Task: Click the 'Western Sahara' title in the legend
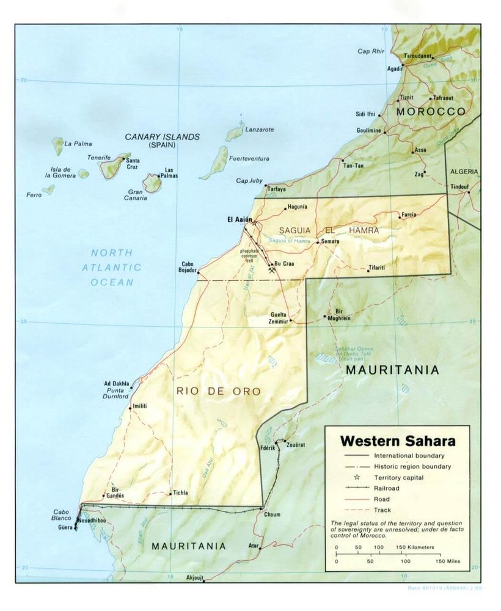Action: click(397, 441)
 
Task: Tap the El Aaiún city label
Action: click(239, 219)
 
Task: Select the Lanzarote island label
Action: click(259, 130)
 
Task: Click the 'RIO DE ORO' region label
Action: click(219, 391)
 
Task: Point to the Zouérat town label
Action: click(296, 445)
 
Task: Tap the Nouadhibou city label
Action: click(92, 520)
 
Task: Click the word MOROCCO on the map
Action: click(431, 112)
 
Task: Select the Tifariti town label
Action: click(376, 269)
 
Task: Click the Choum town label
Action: click(272, 514)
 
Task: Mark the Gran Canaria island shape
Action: click(152, 183)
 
